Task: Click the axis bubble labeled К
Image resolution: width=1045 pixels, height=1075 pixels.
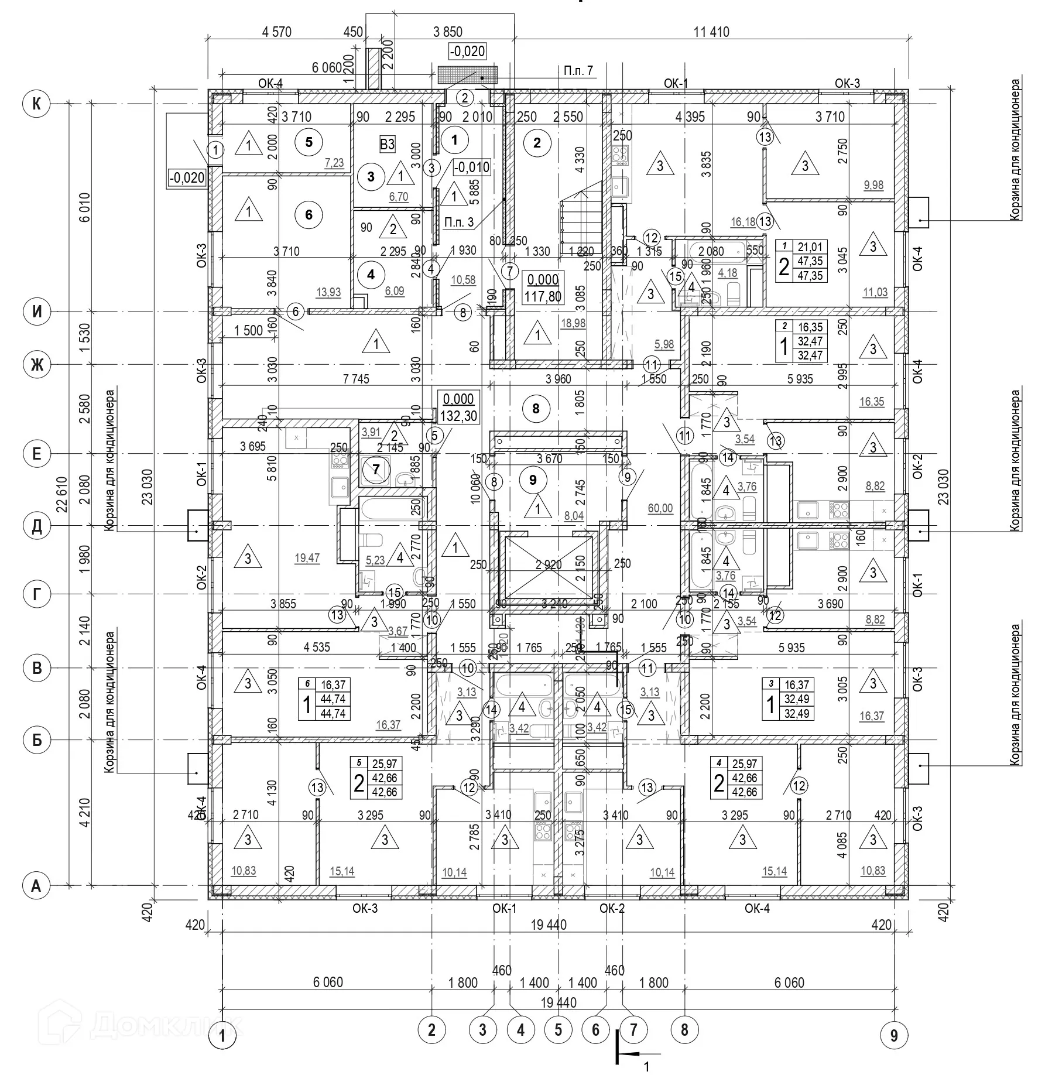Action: pos(36,104)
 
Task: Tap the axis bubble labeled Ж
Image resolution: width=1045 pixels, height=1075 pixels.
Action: pos(36,365)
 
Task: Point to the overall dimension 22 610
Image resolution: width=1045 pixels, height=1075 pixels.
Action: pos(63,495)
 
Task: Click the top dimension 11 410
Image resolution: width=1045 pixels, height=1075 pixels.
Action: pos(711,32)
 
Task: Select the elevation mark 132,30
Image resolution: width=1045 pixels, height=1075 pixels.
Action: pos(458,416)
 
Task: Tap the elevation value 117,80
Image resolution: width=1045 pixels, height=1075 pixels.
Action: pos(543,296)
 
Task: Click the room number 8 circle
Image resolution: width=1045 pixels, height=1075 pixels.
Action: pos(536,408)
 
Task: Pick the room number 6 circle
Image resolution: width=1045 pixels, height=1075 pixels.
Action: pos(309,215)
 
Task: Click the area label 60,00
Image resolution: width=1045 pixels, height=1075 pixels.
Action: pos(660,509)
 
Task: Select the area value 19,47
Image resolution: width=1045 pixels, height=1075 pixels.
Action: pos(307,558)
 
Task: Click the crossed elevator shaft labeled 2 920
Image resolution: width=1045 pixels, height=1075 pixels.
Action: pos(548,564)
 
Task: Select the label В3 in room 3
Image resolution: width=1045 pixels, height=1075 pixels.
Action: pos(387,144)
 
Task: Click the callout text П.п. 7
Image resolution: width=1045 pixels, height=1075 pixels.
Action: pos(578,71)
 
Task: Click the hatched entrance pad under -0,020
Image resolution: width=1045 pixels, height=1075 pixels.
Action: pos(467,74)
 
